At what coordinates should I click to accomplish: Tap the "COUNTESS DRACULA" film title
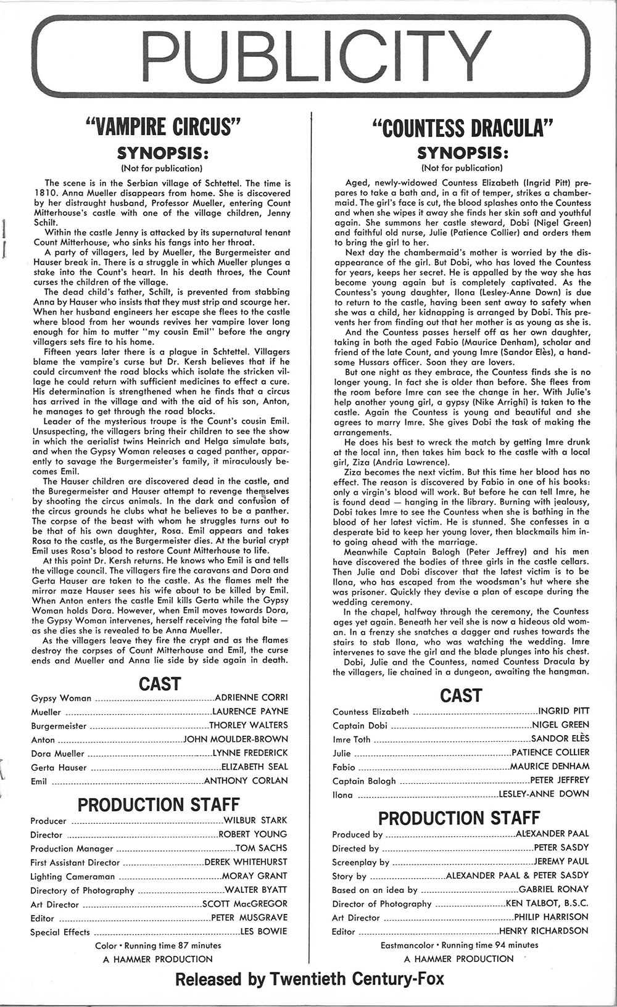461,129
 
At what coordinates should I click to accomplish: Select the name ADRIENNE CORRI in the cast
251,697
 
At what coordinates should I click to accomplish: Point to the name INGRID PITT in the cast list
564,711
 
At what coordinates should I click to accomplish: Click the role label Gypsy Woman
61,698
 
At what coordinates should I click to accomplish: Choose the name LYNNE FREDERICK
250,753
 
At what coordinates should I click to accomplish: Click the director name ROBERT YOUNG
253,834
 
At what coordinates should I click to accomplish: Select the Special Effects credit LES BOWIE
263,931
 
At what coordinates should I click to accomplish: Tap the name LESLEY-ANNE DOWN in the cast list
544,794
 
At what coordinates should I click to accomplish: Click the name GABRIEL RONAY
553,889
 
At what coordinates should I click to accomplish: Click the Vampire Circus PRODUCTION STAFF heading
159,804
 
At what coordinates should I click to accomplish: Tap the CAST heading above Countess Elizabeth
460,696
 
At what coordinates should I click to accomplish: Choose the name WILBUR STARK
255,820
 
